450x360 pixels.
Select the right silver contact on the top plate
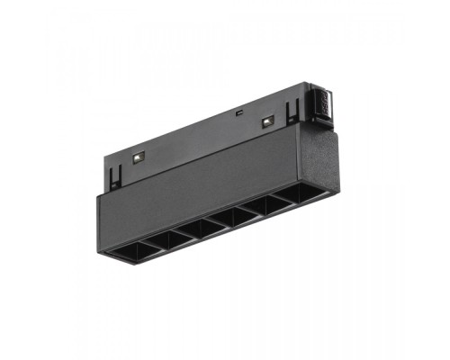(x=266, y=121)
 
